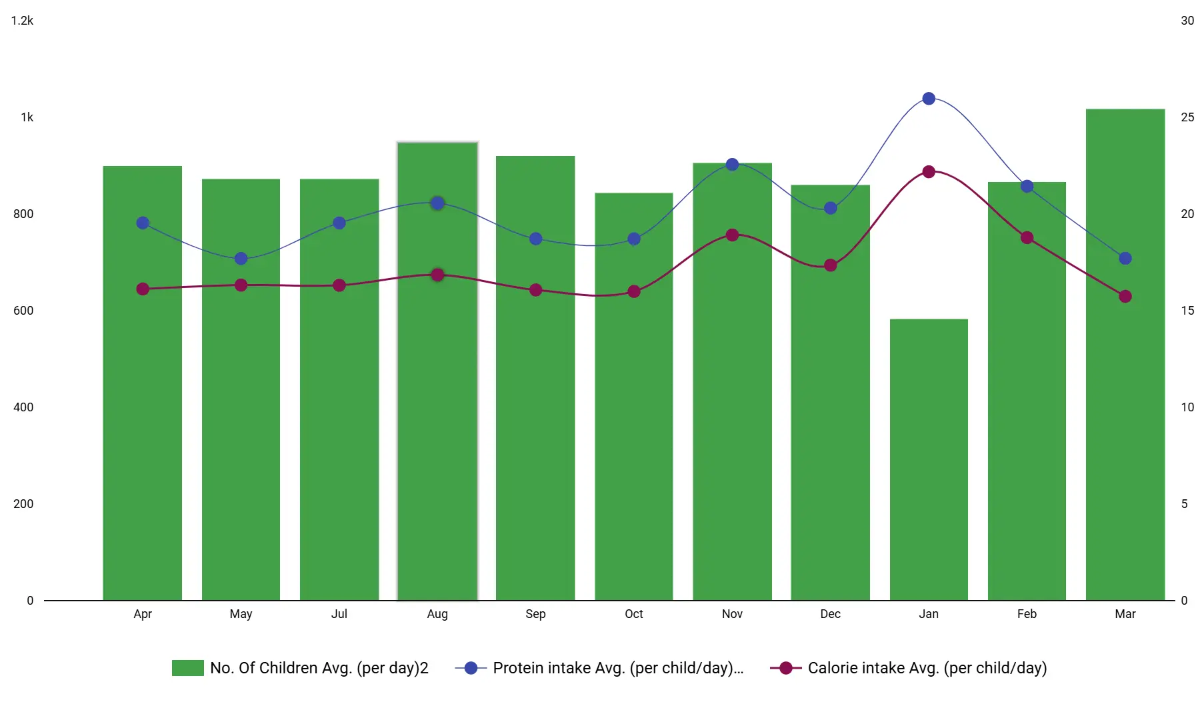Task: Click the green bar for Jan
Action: coord(929,460)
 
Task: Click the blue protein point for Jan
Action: coord(929,99)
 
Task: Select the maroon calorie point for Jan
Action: coord(929,172)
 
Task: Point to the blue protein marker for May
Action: coord(241,259)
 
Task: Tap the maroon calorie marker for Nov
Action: coord(732,235)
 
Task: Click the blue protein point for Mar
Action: coord(1125,259)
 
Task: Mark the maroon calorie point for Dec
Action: coord(831,265)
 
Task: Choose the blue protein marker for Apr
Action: coord(143,223)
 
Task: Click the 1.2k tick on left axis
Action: coord(22,21)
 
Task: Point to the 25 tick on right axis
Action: coord(1187,117)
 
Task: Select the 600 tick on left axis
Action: coord(23,311)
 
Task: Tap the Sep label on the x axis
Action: coord(535,614)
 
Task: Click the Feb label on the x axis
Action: coord(1027,614)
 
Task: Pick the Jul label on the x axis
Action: coord(339,614)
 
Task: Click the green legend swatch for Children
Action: coord(187,668)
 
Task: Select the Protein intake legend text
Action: coord(617,668)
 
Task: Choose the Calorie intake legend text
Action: coord(927,668)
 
